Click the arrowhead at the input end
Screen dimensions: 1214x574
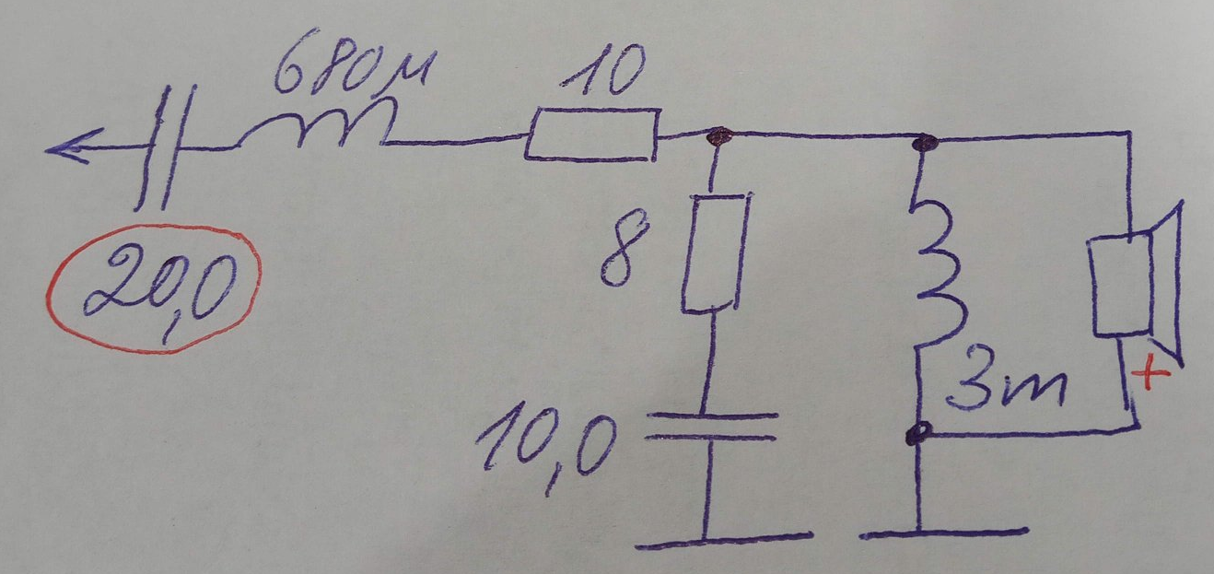coord(73,146)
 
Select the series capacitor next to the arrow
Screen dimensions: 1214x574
coord(164,147)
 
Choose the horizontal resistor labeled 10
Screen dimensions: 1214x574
coord(593,134)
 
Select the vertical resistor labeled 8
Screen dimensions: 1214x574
coord(715,252)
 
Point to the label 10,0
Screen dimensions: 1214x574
coord(546,446)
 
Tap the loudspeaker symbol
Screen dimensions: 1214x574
coord(1137,287)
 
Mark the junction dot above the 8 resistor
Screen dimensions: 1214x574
coord(719,135)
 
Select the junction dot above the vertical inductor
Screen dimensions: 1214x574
coord(925,143)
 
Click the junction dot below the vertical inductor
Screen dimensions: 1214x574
coord(918,433)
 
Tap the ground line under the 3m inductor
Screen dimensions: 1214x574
coord(943,533)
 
